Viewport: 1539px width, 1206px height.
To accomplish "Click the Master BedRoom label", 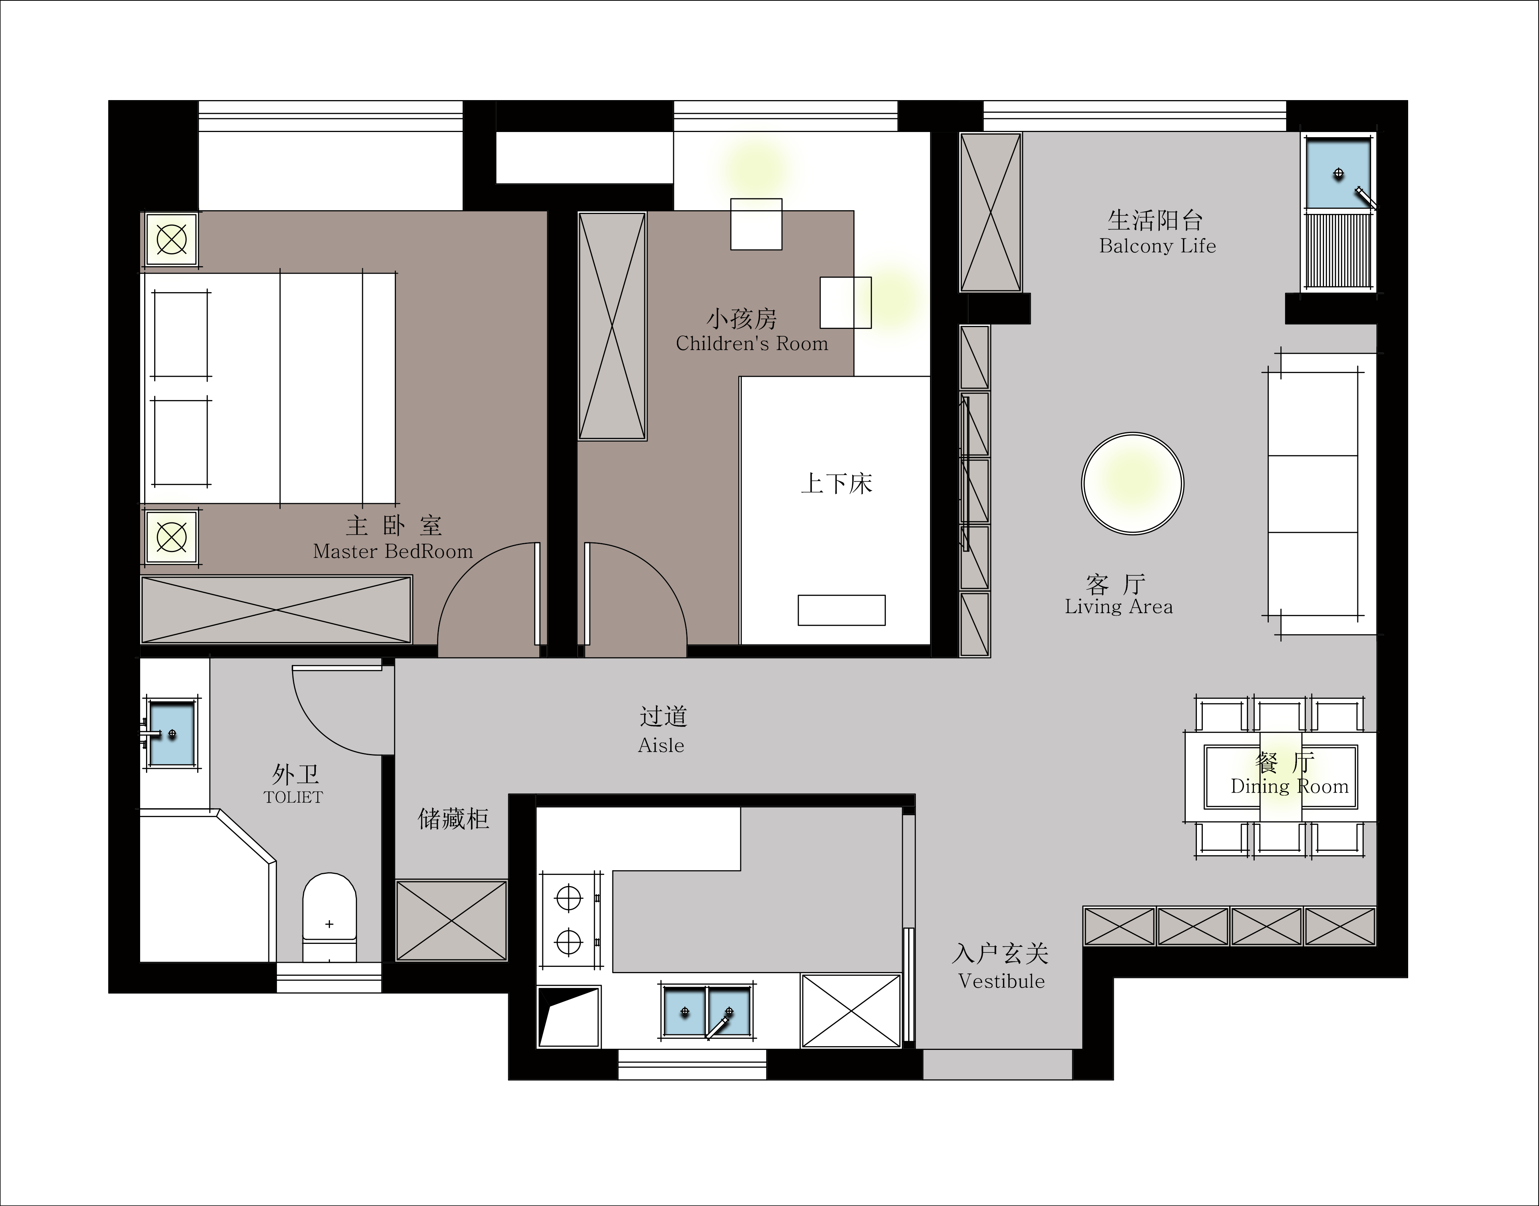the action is (393, 551).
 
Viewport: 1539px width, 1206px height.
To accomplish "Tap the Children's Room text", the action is (752, 344).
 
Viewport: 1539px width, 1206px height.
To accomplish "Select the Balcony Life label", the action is (1158, 246).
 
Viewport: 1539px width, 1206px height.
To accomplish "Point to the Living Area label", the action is (1119, 607).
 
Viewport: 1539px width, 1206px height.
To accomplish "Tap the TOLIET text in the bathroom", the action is (293, 797).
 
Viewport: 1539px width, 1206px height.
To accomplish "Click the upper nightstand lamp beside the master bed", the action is (171, 240).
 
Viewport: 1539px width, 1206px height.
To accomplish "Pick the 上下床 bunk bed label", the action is (837, 484).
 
